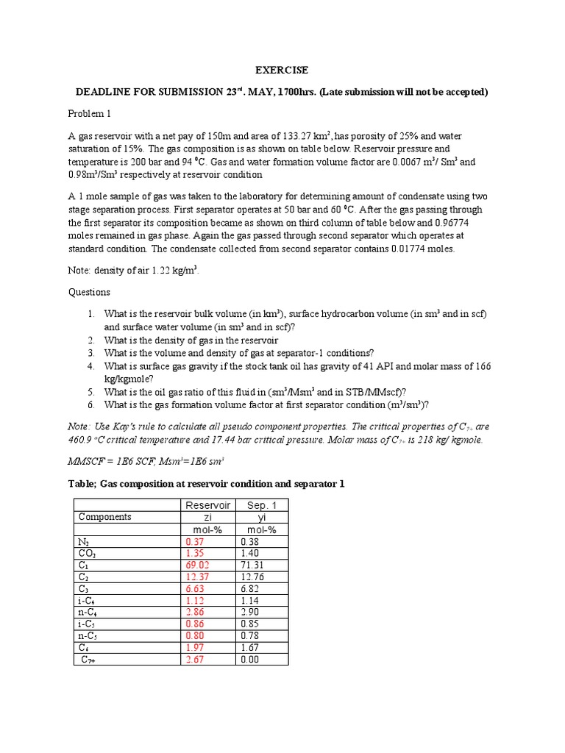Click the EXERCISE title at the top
coord(282,71)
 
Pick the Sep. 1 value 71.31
coord(252,564)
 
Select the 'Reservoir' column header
coord(208,504)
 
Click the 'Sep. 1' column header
coord(263,504)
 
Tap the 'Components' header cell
coord(105,516)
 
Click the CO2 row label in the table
coord(88,552)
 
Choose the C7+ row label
coord(91,660)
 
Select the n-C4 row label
coord(89,612)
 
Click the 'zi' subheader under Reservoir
coord(208,516)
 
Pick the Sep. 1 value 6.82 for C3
coord(250,588)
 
